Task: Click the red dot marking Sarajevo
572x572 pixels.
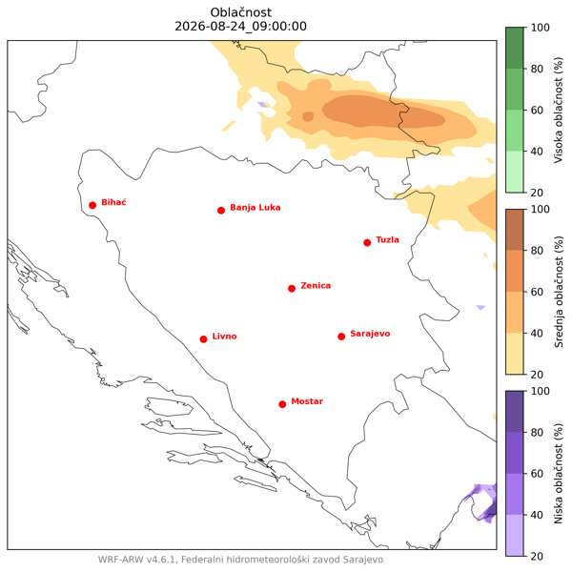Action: [341, 337]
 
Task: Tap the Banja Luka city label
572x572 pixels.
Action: [255, 208]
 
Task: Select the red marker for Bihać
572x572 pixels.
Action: [92, 205]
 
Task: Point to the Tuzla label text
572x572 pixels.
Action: [387, 239]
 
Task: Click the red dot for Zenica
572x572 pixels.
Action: [292, 289]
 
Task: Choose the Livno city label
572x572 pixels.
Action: [224, 336]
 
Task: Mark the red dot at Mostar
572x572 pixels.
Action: [282, 404]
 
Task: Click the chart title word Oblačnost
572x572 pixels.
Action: [241, 12]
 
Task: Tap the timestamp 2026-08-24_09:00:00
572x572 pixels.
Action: [241, 27]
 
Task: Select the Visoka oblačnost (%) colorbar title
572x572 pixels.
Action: [558, 110]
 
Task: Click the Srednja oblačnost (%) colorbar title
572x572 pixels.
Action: [558, 292]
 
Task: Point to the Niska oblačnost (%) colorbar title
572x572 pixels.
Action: [558, 474]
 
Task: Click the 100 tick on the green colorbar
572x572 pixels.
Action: [540, 28]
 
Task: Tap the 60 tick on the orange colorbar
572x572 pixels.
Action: [537, 292]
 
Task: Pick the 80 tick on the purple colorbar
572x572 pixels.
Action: [537, 432]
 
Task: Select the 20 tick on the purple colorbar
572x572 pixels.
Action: [537, 556]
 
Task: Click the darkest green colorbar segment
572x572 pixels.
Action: [515, 48]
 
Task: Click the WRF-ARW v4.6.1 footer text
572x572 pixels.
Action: [139, 560]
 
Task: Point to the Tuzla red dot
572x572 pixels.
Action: [367, 242]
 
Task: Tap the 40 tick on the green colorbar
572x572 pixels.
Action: [537, 151]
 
